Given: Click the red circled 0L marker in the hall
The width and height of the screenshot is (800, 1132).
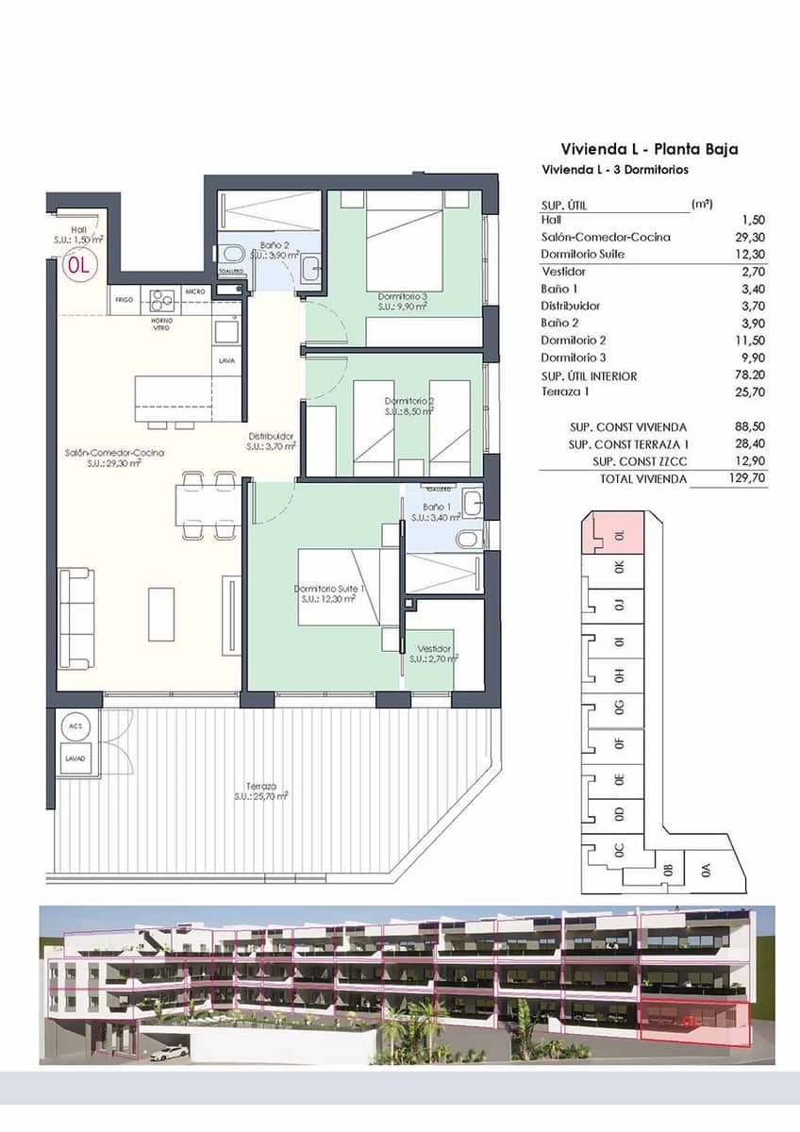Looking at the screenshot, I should click(x=79, y=265).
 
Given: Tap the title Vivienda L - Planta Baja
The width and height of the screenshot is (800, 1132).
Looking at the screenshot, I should click(x=649, y=149).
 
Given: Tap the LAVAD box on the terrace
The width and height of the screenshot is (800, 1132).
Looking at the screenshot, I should click(x=76, y=758).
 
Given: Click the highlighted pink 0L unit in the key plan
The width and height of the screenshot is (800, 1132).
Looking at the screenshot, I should click(x=614, y=532).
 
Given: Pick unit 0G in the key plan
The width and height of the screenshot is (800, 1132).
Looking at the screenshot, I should click(x=619, y=707).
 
